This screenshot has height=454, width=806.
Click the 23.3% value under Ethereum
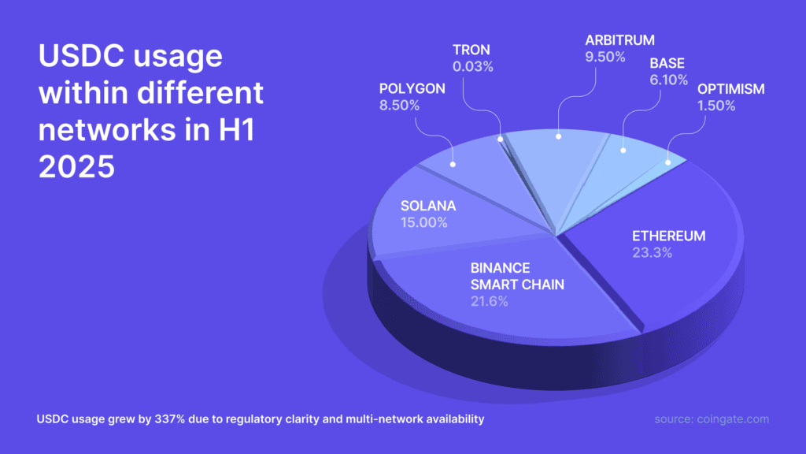pos(652,252)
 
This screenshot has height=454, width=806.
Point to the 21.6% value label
pos(490,301)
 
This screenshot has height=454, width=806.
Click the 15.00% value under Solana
pos(423,223)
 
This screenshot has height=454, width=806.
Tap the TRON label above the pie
pos(472,50)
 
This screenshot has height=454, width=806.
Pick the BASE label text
pos(667,61)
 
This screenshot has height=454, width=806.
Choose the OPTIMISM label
pos(730,88)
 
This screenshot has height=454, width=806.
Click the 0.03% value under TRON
pos(472,67)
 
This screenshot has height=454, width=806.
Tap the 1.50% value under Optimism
pos(715,106)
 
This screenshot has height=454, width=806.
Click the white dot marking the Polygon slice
pos(453,164)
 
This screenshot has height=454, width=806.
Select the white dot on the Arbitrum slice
pos(558,137)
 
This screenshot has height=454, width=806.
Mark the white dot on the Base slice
pos(623,150)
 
